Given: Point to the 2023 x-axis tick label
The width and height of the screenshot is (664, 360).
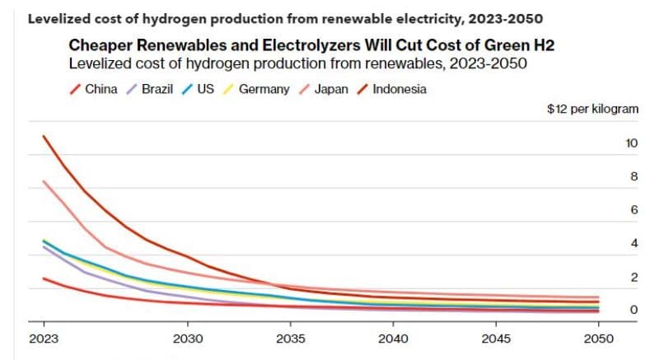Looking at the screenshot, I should tap(43, 340).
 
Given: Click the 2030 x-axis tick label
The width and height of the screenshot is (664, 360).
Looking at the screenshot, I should tap(188, 340).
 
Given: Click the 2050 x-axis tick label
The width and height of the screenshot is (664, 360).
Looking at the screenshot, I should tap(599, 340).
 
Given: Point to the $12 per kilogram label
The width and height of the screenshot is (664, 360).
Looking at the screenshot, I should tap(593, 110).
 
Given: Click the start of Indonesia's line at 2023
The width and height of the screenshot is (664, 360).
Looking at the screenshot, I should tap(43, 136).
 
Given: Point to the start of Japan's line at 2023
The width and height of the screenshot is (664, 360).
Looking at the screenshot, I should tap(43, 181).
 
